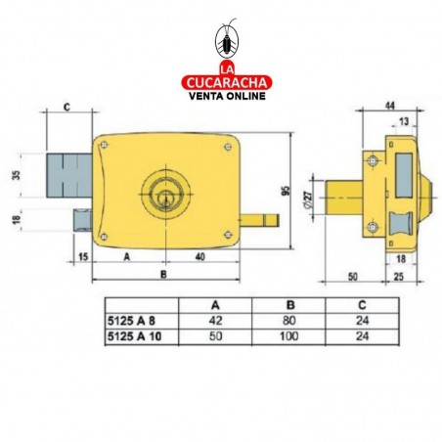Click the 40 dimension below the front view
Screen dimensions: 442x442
(x=199, y=257)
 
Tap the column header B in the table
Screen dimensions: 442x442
(x=287, y=304)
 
